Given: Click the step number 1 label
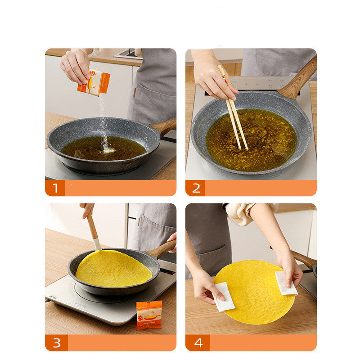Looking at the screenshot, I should [55, 188].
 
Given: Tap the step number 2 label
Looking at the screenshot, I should [196, 188].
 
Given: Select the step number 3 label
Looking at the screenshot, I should [56, 343].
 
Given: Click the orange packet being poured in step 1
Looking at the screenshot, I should [94, 82].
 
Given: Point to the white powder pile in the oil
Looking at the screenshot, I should [107, 150].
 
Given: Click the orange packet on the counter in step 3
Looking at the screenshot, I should [149, 315].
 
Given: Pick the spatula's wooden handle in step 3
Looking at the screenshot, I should [92, 228].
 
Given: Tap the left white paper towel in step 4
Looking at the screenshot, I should [223, 297].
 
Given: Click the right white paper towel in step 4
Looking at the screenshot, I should [285, 283].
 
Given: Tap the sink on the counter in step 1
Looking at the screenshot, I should [128, 54].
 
